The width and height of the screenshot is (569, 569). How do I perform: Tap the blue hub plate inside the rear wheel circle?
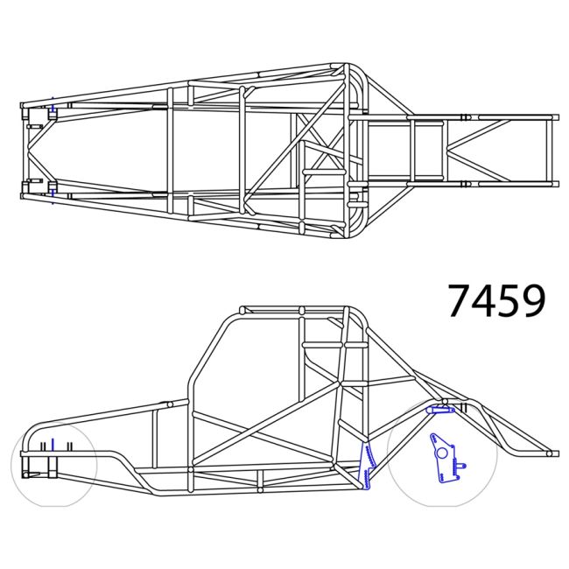(444, 458)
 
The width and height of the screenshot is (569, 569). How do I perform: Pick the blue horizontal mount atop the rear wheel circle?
(439, 408)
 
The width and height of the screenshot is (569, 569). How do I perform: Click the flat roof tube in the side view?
(293, 311)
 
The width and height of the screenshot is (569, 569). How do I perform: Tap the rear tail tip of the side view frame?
(551, 453)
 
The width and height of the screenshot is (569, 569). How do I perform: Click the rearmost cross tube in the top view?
(551, 150)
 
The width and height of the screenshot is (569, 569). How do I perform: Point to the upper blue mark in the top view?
(53, 111)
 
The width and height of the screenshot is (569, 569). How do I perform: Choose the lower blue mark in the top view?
(53, 189)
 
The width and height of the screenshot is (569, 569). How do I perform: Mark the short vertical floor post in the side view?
(260, 478)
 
